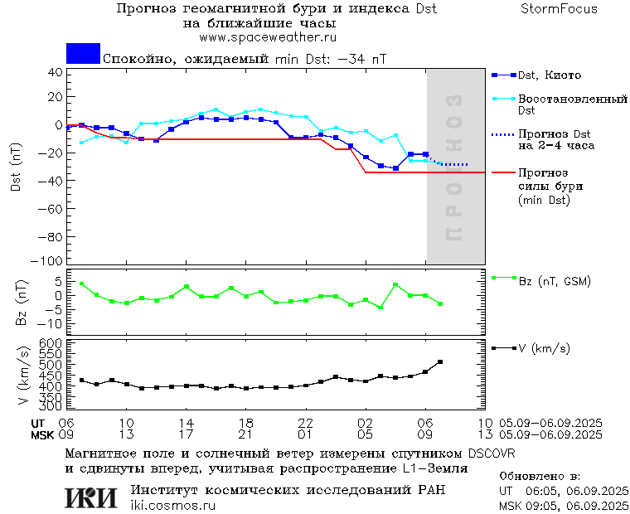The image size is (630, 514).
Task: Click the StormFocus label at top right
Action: pos(559,9)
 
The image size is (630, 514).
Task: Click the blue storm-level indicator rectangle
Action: pos(83,54)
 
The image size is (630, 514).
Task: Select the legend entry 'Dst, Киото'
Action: pos(550,75)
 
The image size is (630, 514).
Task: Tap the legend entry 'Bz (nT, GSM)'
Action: pos(555,282)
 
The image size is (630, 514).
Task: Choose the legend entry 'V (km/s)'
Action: pos(544,349)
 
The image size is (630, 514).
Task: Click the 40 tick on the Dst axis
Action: pos(56,72)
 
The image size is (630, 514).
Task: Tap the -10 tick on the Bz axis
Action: pos(51,323)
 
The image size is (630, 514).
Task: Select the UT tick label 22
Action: pos(306,422)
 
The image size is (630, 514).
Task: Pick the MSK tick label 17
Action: pos(187,434)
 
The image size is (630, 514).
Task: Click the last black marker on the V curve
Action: pos(440,361)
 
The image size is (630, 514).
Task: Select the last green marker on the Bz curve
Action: pos(440,304)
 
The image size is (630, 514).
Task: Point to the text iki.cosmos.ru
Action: pos(172,505)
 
